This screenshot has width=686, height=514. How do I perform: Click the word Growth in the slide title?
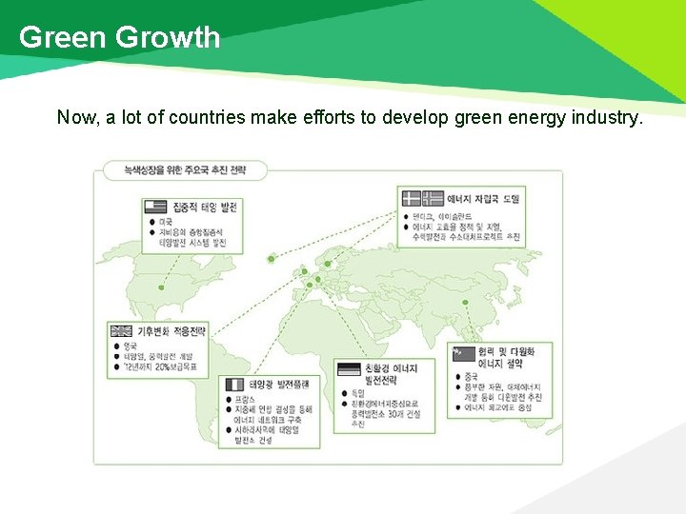(x=168, y=37)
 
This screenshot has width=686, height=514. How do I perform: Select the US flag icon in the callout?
(x=155, y=207)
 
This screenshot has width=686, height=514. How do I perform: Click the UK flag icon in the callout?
(x=121, y=331)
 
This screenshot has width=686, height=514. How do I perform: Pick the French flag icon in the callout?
(x=233, y=384)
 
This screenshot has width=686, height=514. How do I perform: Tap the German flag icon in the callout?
(x=349, y=369)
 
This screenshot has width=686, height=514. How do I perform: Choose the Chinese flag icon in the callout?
(x=463, y=353)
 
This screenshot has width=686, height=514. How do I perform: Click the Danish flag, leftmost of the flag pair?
(x=411, y=199)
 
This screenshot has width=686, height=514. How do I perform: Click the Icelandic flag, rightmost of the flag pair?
(x=433, y=199)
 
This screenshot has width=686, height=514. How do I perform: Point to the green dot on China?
(x=465, y=305)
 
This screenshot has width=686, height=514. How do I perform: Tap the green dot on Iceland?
(x=271, y=258)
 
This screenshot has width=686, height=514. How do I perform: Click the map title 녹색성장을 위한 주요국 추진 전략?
(x=185, y=169)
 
